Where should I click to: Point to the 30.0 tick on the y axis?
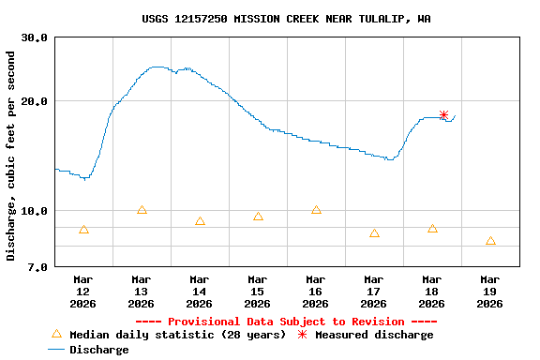pyautogui.click(x=35, y=38)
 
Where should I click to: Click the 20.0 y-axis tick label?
pyautogui.click(x=35, y=101)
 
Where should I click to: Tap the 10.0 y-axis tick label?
pyautogui.click(x=35, y=211)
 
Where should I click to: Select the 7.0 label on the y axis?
pyautogui.click(x=38, y=268)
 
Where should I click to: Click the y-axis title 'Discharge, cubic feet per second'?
pyautogui.click(x=11, y=156)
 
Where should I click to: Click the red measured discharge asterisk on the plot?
pyautogui.click(x=443, y=115)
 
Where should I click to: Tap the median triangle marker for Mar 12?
pyautogui.click(x=83, y=230)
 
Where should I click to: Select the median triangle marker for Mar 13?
pyautogui.click(x=142, y=210)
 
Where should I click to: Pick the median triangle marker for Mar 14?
pyautogui.click(x=200, y=221)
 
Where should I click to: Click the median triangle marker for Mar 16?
pyautogui.click(x=316, y=210)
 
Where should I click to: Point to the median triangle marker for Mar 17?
pyautogui.click(x=374, y=233)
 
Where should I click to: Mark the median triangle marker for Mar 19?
pyautogui.click(x=490, y=241)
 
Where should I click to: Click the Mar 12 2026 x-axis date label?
pyautogui.click(x=83, y=291)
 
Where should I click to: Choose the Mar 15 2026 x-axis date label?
pyautogui.click(x=258, y=291)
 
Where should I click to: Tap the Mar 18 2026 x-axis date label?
pyautogui.click(x=432, y=291)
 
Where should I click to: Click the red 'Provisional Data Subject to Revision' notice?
pyautogui.click(x=286, y=322)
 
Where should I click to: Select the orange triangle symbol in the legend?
pyautogui.click(x=56, y=334)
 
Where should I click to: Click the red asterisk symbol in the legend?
pyautogui.click(x=302, y=335)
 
